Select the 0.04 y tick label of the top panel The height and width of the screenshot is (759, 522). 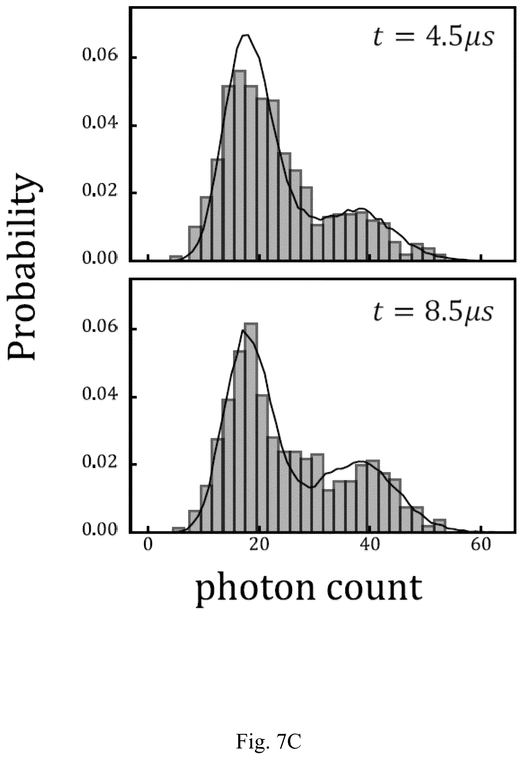click(99, 124)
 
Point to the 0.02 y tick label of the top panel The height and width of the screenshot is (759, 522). click(99, 192)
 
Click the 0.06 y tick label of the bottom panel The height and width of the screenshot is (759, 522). click(99, 328)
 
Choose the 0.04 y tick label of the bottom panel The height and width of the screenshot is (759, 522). click(99, 396)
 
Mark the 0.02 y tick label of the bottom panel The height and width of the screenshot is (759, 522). click(99, 464)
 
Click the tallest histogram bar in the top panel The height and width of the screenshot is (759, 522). click(240, 165)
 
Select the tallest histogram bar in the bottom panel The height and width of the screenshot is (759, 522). click(251, 428)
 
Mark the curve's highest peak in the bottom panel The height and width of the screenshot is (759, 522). click(243, 330)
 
